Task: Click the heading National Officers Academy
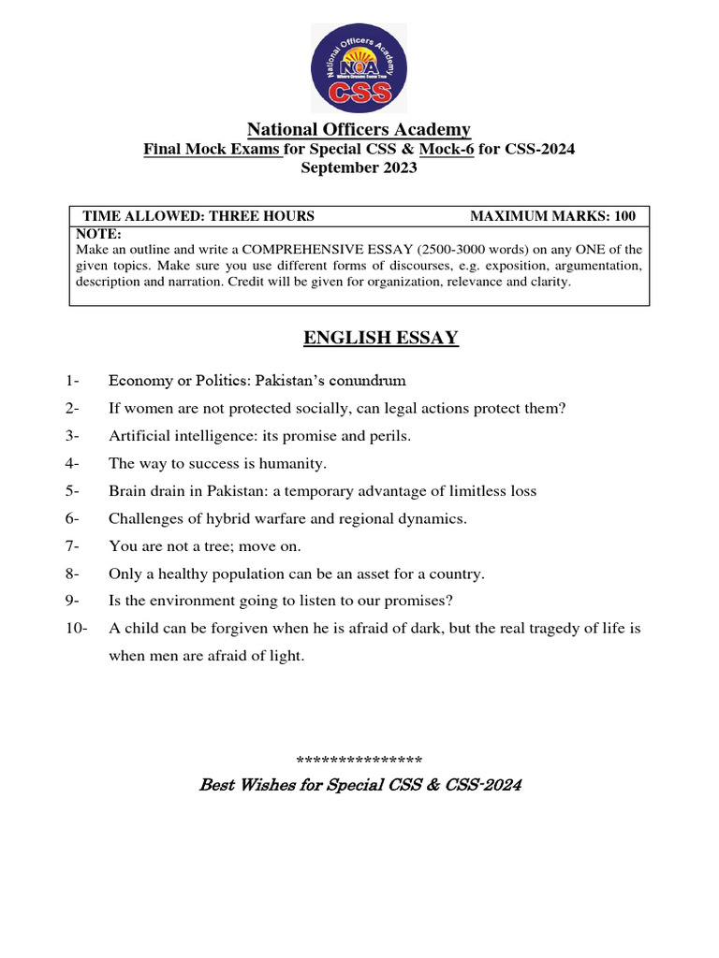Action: (x=359, y=129)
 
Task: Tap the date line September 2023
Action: (x=359, y=168)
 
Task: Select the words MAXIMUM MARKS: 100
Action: (x=552, y=216)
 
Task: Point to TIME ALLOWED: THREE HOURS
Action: (x=198, y=216)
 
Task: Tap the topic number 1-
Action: (x=74, y=381)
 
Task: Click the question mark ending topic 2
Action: (x=563, y=408)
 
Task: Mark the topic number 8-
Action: (x=74, y=573)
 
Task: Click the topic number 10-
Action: (x=77, y=629)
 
